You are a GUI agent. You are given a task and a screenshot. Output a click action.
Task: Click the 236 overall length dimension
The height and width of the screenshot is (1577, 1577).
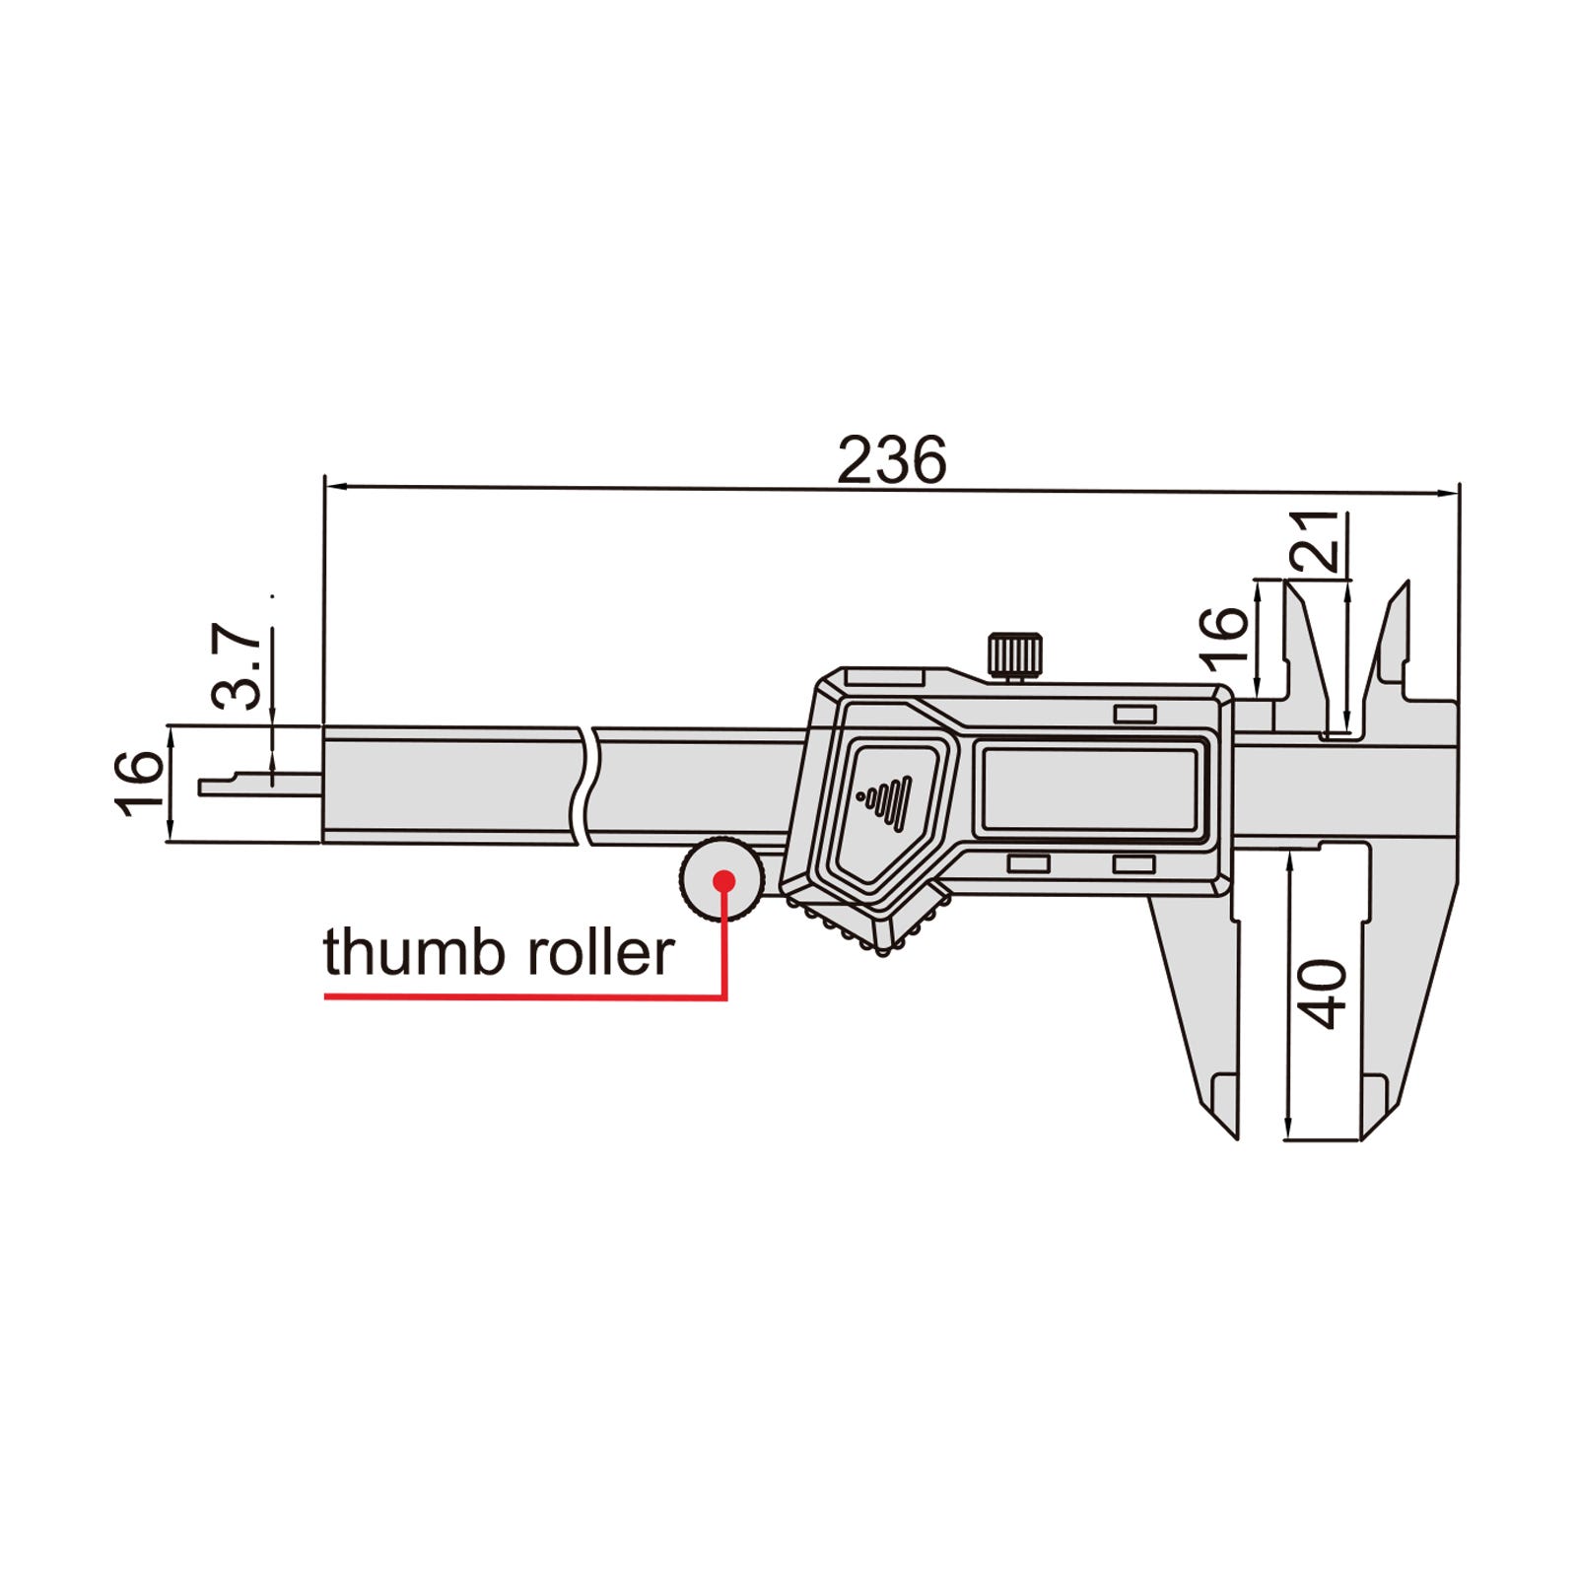pos(891,459)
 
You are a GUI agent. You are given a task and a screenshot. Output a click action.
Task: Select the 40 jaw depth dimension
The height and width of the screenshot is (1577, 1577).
pos(1323,994)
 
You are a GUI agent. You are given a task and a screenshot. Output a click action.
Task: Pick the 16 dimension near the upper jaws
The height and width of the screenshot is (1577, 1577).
pos(1223,637)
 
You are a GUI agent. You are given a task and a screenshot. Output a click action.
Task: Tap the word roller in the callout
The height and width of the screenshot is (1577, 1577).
pos(599,952)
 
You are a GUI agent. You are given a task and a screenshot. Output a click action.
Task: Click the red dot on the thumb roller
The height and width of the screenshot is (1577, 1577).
pos(724,881)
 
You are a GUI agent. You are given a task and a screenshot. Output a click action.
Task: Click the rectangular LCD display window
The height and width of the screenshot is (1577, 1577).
pos(1089,789)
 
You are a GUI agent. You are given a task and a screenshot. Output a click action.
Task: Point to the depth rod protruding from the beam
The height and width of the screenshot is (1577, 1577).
pos(261,785)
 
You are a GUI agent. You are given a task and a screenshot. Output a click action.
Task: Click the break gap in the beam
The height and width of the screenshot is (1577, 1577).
pos(586,786)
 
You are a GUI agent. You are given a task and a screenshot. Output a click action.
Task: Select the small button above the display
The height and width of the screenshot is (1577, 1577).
pos(1134,715)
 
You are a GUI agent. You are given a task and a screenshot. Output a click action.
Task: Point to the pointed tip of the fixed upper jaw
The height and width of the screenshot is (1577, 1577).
pos(1406,583)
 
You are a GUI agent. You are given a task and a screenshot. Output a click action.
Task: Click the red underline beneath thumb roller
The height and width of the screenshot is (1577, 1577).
pos(524,997)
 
